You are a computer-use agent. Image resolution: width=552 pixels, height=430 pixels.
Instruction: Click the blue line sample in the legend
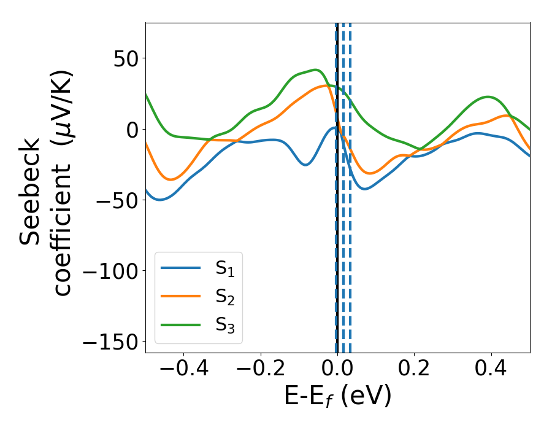[x=180, y=268]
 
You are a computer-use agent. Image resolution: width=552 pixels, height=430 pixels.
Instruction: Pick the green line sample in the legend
[x=180, y=324]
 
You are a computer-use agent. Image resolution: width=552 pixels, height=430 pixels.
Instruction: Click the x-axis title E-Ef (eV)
[x=337, y=397]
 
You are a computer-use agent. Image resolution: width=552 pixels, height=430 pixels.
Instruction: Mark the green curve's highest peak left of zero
[x=315, y=70]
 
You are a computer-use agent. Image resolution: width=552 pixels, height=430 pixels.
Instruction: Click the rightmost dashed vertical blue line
[x=350, y=184]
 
